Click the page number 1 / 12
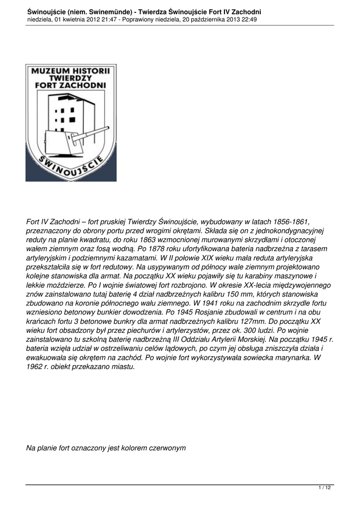325,488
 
